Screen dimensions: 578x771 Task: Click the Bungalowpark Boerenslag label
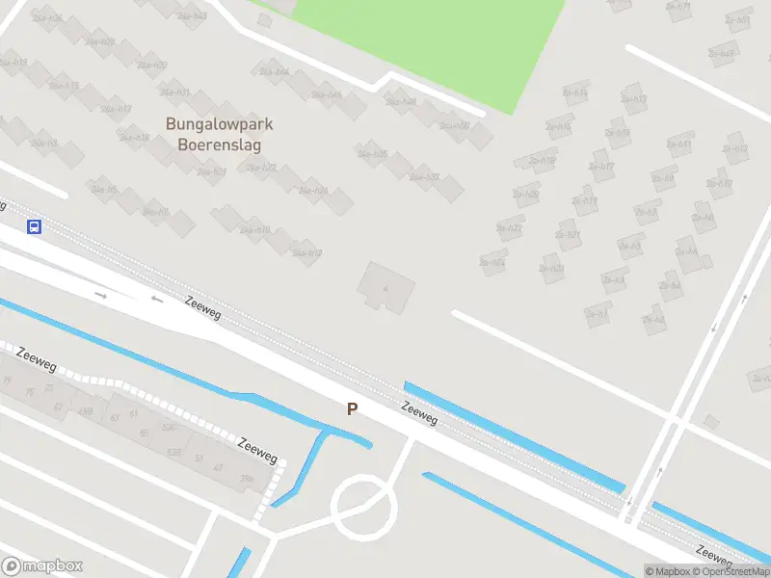pos(220,135)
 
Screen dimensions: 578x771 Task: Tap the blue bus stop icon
pos(34,227)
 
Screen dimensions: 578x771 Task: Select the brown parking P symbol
pos(352,408)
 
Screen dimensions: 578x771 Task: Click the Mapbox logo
pos(42,566)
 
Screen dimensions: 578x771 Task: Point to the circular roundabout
pos(364,505)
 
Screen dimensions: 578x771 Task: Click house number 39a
pos(247,479)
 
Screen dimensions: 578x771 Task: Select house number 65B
pos(85,412)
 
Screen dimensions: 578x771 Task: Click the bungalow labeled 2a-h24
pos(492,262)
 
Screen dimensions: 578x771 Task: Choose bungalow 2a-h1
pos(598,314)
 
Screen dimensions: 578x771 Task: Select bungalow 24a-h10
pos(254,229)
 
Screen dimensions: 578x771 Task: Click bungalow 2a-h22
pos(509,228)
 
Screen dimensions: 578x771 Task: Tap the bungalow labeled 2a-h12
pos(735,149)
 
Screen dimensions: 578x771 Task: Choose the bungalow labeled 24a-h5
pos(103,190)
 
